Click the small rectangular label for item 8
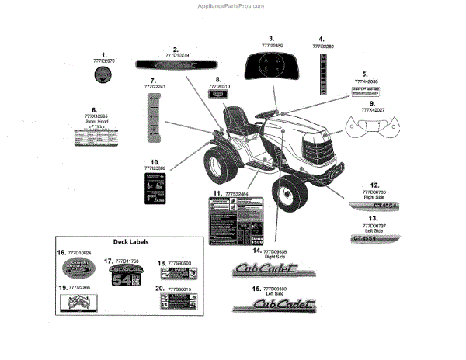pos(218,92)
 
